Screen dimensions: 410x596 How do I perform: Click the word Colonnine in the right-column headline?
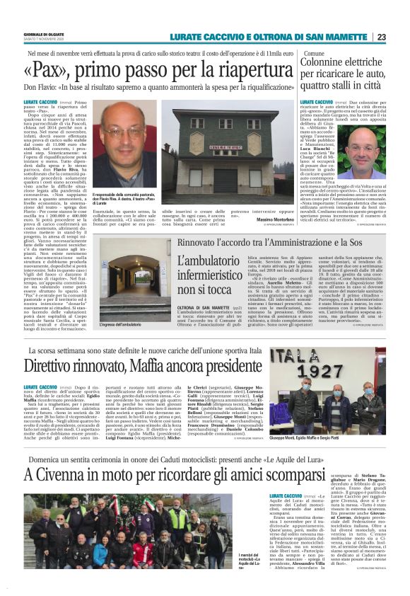[x=331, y=62]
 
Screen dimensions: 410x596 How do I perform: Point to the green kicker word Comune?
[x=314, y=53]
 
